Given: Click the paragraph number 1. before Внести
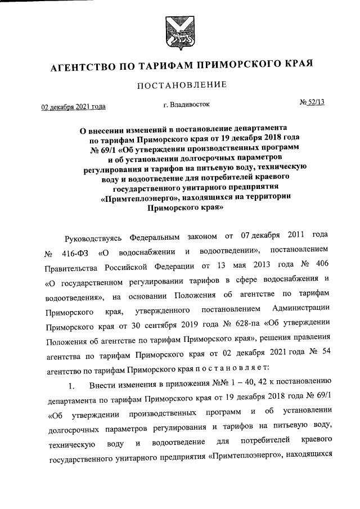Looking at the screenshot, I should point(71,386).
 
